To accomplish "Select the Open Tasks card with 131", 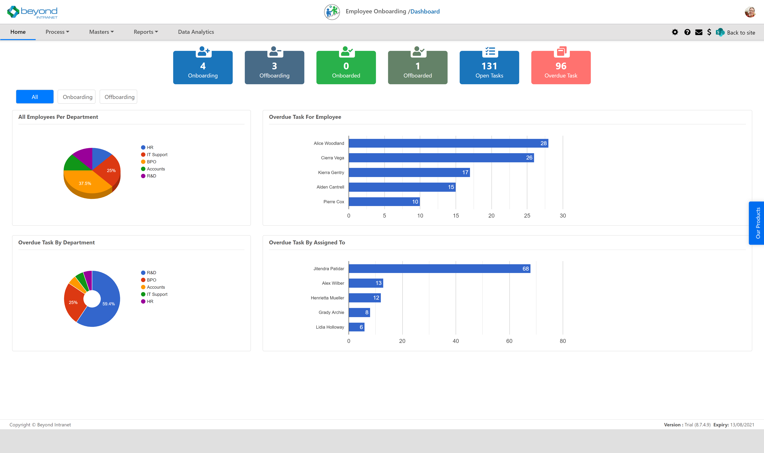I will click(x=489, y=68).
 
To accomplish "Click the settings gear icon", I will click(x=675, y=32).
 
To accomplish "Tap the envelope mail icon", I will click(x=699, y=32).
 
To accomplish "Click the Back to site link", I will click(x=741, y=32).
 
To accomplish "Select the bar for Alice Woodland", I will click(x=448, y=143).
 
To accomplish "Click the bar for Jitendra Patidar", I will click(x=439, y=269).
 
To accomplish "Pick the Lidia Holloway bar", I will click(x=356, y=327).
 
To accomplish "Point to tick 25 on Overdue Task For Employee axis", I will click(x=527, y=216).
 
